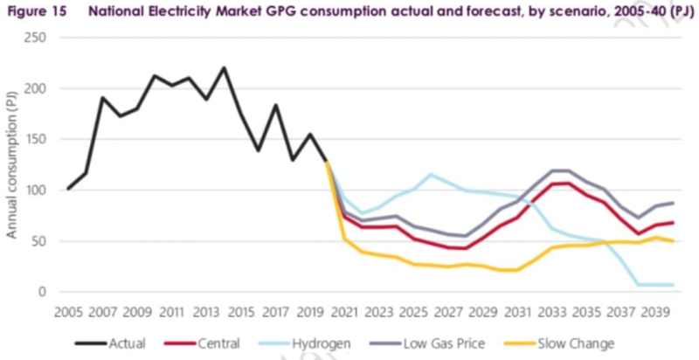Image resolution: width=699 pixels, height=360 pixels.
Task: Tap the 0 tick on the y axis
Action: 40,292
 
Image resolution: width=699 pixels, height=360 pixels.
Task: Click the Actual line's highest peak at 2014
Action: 224,68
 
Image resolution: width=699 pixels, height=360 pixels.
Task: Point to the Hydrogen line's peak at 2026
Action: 431,175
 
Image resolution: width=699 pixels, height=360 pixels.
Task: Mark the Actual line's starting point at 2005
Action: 68,189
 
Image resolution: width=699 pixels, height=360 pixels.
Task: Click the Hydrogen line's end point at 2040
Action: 672,285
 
